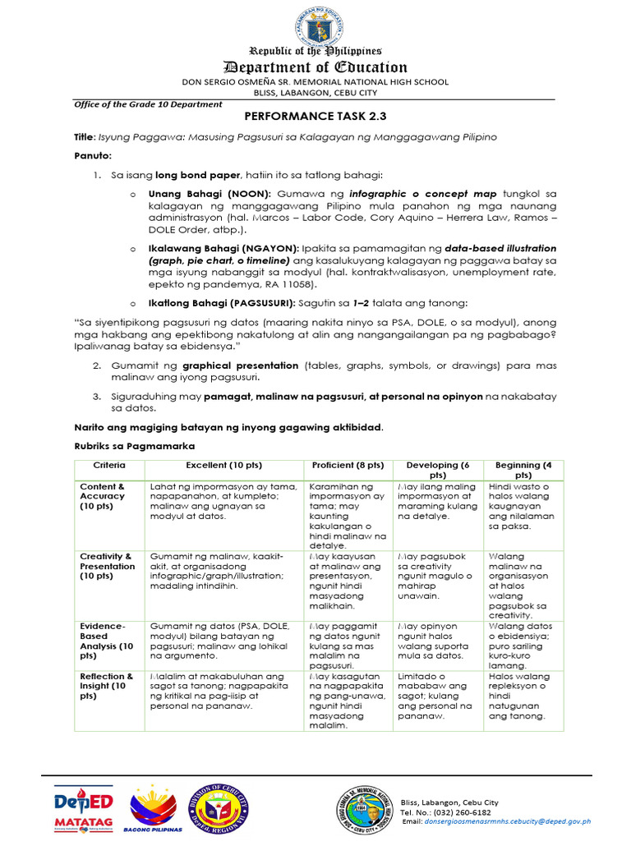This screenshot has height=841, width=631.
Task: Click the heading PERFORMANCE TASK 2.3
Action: point(315,117)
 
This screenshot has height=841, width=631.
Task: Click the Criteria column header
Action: point(109,465)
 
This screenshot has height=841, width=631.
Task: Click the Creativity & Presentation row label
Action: point(107,566)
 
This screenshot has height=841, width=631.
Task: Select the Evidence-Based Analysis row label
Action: point(106,641)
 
